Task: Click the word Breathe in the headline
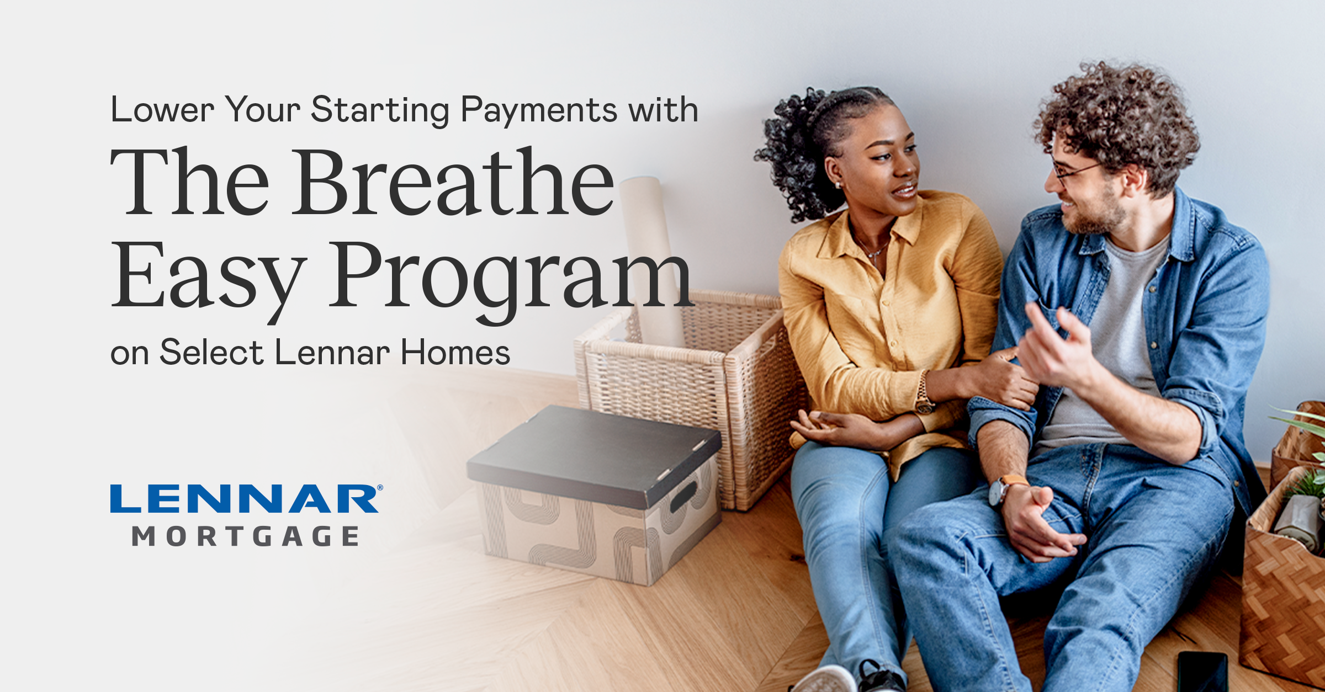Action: click(x=453, y=182)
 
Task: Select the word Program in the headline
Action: click(x=511, y=276)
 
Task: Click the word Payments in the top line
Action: click(x=538, y=110)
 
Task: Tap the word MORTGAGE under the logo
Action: click(x=246, y=536)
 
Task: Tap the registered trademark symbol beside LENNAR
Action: click(x=380, y=488)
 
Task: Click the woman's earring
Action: click(x=838, y=185)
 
